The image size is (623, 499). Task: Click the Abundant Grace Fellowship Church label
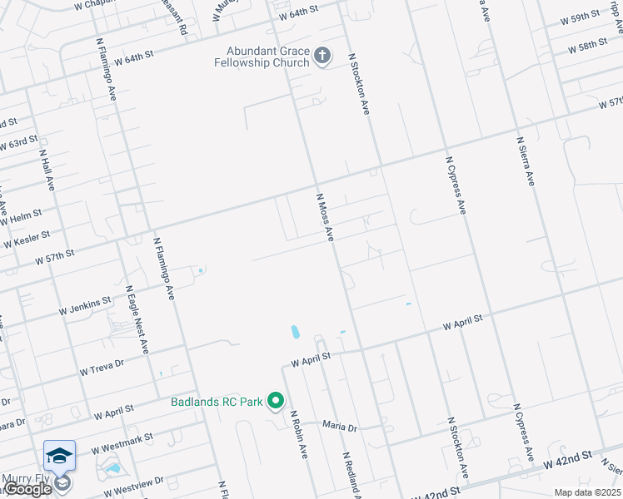click(260, 56)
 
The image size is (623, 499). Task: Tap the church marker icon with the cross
click(322, 57)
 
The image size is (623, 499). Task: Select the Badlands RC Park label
click(217, 403)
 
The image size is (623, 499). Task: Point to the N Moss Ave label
click(325, 218)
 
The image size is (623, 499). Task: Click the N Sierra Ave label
click(525, 162)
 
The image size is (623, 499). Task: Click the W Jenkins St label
click(84, 306)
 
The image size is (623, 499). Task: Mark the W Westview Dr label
click(137, 481)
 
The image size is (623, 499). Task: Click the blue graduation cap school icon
click(60, 456)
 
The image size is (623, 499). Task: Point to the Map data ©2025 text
click(587, 492)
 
